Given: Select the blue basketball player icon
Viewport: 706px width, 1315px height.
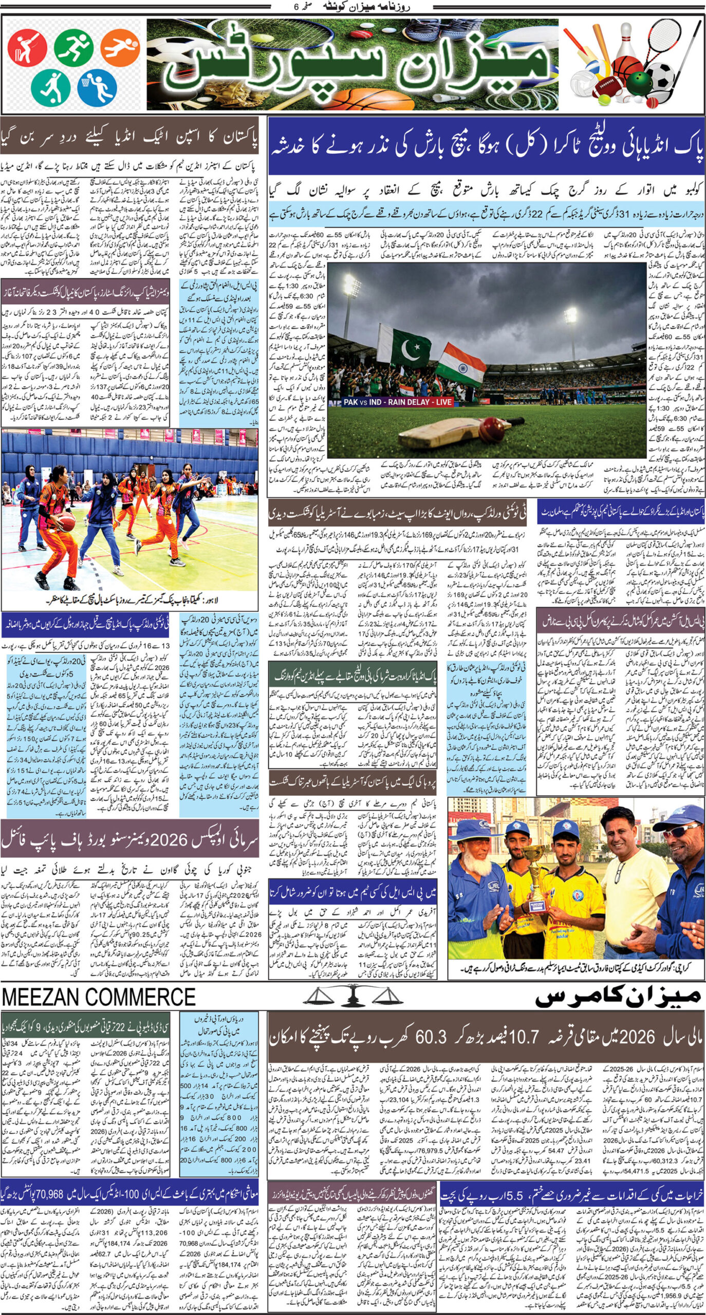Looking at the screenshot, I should (97, 86).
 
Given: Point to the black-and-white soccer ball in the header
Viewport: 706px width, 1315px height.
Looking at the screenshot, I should (661, 76).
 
